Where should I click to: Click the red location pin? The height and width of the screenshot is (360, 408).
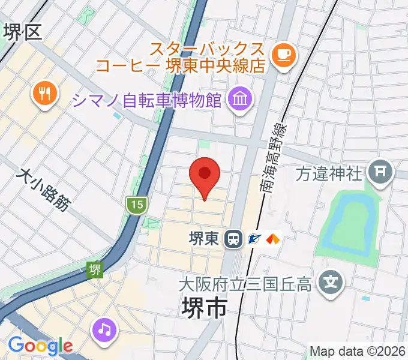click(204, 175)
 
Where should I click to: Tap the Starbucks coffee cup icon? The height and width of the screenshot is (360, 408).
click(283, 55)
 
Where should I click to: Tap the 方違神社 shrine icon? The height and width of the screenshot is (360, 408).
click(380, 173)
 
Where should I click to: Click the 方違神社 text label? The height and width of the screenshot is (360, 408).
click(330, 174)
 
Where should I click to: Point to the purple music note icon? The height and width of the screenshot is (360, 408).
click(106, 329)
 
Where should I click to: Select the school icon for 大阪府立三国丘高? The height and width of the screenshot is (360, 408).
click(331, 280)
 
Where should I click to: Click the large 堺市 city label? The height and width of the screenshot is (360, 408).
click(204, 309)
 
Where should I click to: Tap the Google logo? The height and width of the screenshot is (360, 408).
click(40, 346)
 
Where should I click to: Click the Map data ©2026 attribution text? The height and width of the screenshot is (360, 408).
click(356, 351)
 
